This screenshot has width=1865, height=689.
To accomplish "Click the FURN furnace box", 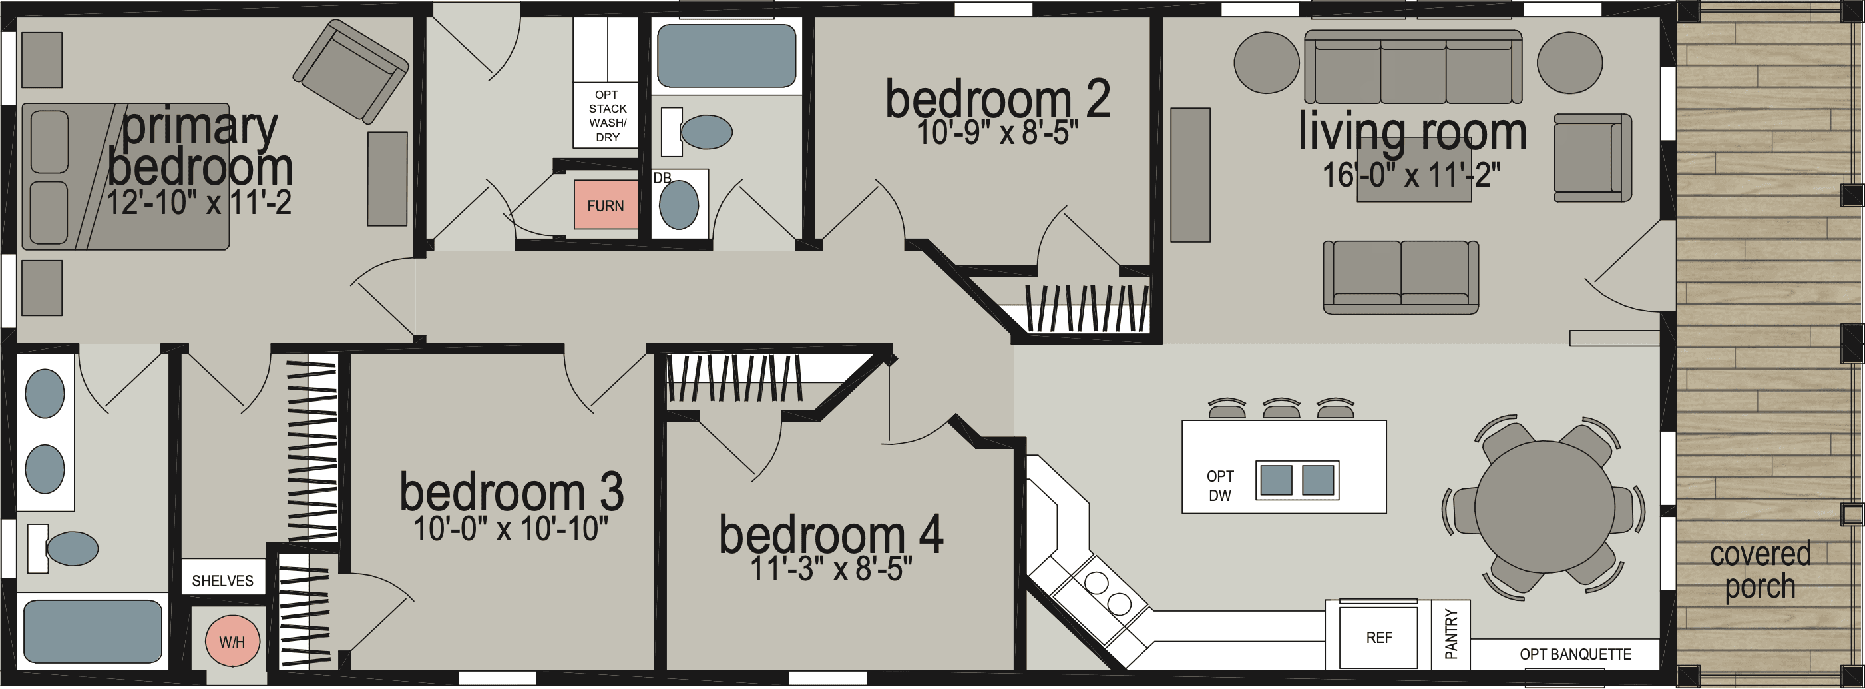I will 605,205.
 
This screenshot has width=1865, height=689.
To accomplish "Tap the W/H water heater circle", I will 232,641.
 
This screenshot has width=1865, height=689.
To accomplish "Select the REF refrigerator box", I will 1378,638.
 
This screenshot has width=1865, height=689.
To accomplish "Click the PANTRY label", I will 1451,634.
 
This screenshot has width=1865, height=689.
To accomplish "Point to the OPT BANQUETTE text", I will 1575,654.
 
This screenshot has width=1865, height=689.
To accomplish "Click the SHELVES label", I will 222,580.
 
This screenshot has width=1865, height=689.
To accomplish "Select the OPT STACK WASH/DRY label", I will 607,116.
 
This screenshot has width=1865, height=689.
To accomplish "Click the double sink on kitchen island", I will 1297,480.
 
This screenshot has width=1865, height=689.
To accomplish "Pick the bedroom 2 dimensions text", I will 997,133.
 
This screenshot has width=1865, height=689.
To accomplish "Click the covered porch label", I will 1760,570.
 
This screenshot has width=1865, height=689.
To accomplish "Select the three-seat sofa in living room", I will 1412,69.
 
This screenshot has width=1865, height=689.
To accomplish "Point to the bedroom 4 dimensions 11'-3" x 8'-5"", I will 830,570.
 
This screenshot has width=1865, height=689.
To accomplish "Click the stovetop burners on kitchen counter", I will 1108,592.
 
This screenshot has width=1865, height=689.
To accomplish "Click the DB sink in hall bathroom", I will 679,205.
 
